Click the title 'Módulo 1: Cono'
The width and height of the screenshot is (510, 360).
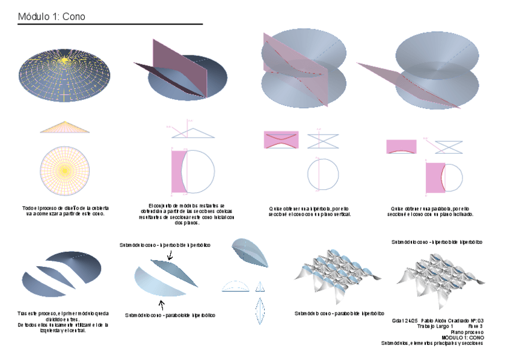tap(52, 17)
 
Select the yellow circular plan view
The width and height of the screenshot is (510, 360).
tap(65, 171)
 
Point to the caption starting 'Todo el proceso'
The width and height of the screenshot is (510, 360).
tap(65, 210)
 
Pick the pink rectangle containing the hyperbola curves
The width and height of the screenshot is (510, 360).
tap(281, 139)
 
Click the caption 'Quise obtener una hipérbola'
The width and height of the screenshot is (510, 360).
tap(310, 211)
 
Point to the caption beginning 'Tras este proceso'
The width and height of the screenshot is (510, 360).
tap(63, 322)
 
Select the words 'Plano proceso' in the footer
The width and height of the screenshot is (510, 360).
tap(469, 332)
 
